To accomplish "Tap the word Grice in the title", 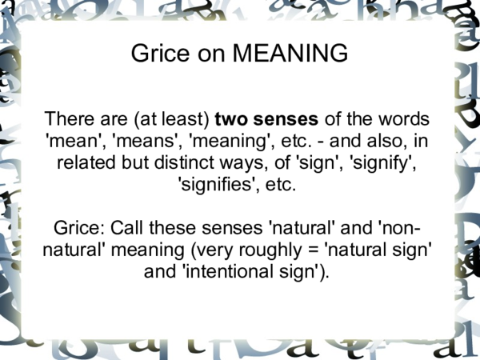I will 157,54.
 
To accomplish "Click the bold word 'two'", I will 232,119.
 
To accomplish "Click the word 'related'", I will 86,165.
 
